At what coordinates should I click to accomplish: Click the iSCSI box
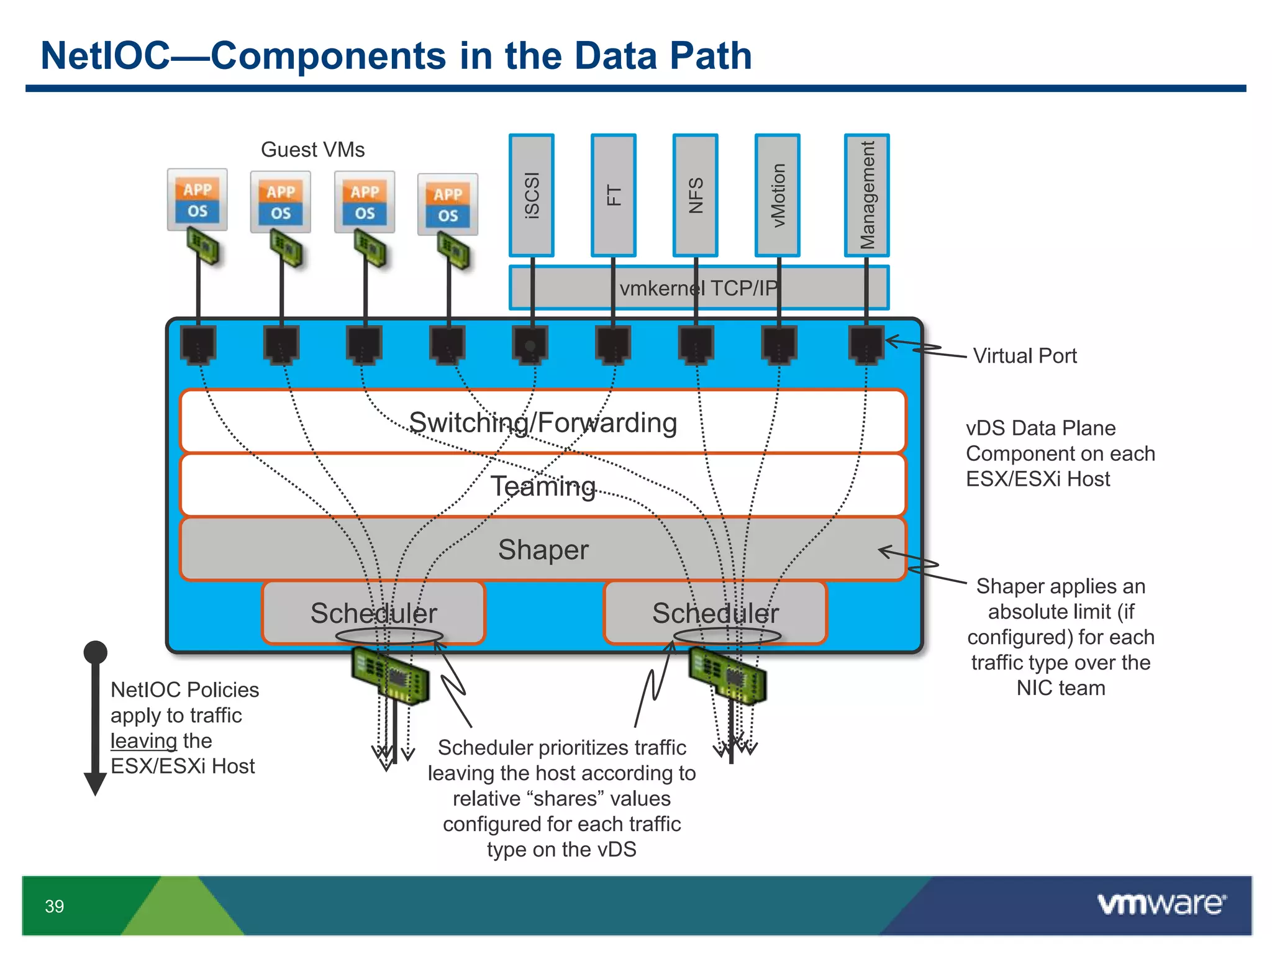pyautogui.click(x=532, y=195)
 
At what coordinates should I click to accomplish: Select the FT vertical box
pyautogui.click(x=614, y=195)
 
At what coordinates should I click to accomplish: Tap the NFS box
pyautogui.click(x=696, y=195)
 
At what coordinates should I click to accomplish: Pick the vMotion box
pyautogui.click(x=778, y=195)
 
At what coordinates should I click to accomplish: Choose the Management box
pyautogui.click(x=867, y=195)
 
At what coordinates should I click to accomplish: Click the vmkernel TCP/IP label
pyautogui.click(x=699, y=288)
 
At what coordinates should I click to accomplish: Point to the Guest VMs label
pyautogui.click(x=312, y=150)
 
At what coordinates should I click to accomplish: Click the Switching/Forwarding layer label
pyautogui.click(x=543, y=423)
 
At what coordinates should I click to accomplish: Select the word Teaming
pyautogui.click(x=543, y=486)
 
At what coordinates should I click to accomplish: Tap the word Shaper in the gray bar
pyautogui.click(x=543, y=550)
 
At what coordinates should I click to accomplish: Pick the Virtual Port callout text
pyautogui.click(x=1025, y=356)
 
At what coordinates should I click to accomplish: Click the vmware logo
pyautogui.click(x=1162, y=904)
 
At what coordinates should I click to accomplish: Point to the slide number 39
pyautogui.click(x=55, y=906)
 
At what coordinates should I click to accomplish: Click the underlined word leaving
pyautogui.click(x=143, y=741)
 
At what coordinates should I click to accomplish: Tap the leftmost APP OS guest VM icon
pyautogui.click(x=198, y=200)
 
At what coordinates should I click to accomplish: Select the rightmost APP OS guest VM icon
pyautogui.click(x=448, y=204)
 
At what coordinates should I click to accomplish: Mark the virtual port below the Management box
pyautogui.click(x=866, y=343)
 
